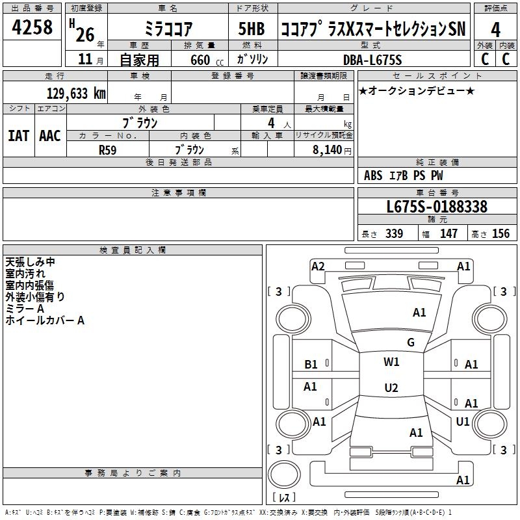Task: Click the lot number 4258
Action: [x=32, y=27]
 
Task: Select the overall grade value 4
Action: [x=495, y=29]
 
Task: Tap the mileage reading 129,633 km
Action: [x=76, y=94]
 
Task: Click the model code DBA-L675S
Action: [x=372, y=60]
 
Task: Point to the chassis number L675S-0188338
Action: [x=437, y=207]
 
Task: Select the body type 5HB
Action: [x=251, y=29]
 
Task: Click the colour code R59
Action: [x=107, y=149]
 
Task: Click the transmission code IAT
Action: [x=19, y=136]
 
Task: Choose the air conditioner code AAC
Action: [x=50, y=136]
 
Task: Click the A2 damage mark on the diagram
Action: [x=318, y=266]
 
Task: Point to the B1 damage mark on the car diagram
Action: [x=311, y=365]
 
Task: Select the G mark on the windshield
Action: [x=410, y=343]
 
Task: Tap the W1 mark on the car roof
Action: [x=391, y=362]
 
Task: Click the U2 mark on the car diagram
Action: [x=391, y=388]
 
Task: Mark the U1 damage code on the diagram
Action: [x=463, y=421]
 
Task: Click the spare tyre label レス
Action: [x=283, y=498]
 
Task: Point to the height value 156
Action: [x=500, y=233]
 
